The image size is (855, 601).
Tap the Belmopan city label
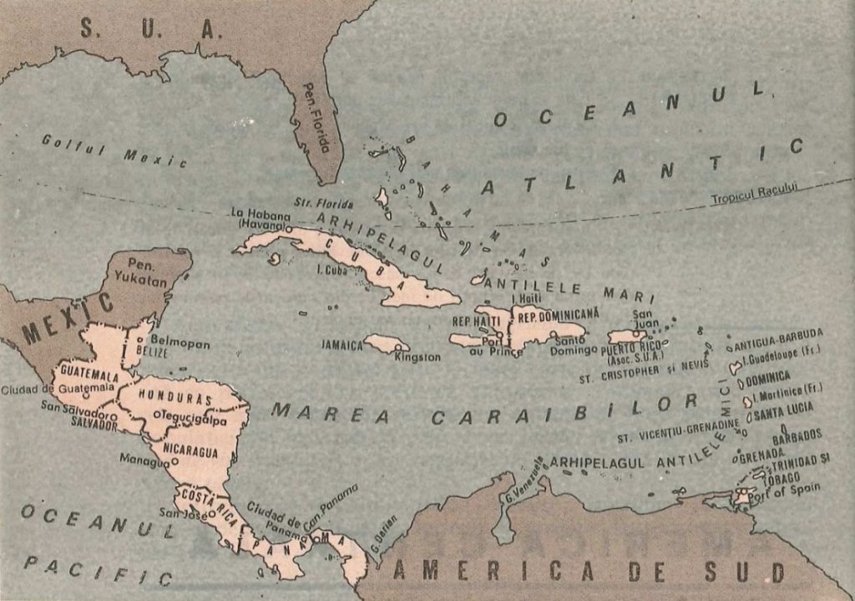pos(179,343)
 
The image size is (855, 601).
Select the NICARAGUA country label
pos(190,451)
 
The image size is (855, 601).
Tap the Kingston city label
pos(417,358)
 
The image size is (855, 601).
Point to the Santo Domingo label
pos(574,345)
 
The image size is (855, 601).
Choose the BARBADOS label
pos(797,435)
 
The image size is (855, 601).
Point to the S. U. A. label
pos(151,30)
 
